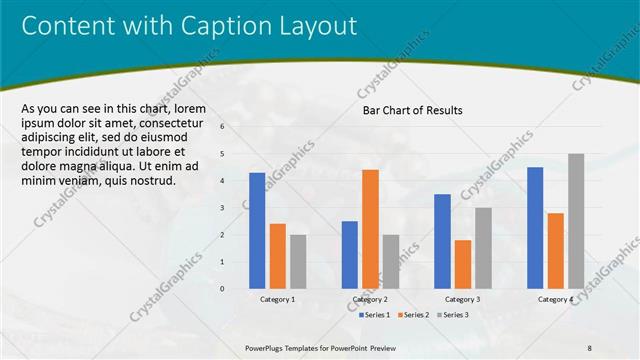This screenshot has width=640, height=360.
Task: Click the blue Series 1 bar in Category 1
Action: (x=257, y=231)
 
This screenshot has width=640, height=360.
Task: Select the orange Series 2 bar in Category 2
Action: (x=370, y=229)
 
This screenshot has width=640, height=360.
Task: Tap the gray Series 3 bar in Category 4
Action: (x=576, y=221)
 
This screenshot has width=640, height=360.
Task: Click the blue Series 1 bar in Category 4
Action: (x=535, y=228)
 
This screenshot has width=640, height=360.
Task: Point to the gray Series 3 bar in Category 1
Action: (x=298, y=261)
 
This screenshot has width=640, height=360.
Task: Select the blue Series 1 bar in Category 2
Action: (x=350, y=255)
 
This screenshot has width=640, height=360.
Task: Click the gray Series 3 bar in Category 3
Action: (x=483, y=248)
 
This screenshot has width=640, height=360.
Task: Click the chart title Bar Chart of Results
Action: (x=412, y=111)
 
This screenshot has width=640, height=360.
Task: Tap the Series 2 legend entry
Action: (x=413, y=315)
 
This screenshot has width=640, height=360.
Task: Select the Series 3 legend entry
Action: (x=453, y=315)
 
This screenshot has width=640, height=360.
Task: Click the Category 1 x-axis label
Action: (x=277, y=300)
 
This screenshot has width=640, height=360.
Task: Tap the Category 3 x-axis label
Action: (x=462, y=300)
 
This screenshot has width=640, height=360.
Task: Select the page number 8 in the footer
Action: (x=589, y=347)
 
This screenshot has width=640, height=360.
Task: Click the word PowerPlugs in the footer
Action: (x=267, y=347)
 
